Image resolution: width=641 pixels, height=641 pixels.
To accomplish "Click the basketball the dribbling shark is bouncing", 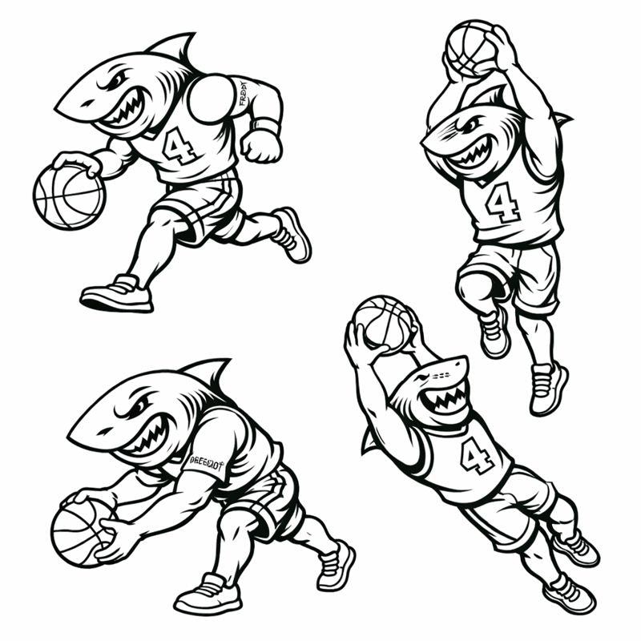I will (x=69, y=196).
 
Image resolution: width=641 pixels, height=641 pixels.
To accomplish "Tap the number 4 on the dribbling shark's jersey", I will (x=179, y=145).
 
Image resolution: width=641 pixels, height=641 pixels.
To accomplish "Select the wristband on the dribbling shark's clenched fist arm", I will (x=267, y=126).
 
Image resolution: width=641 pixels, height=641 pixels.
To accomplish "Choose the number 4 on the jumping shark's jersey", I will (x=503, y=202).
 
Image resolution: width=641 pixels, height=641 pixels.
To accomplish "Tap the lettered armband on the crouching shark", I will (x=206, y=463).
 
